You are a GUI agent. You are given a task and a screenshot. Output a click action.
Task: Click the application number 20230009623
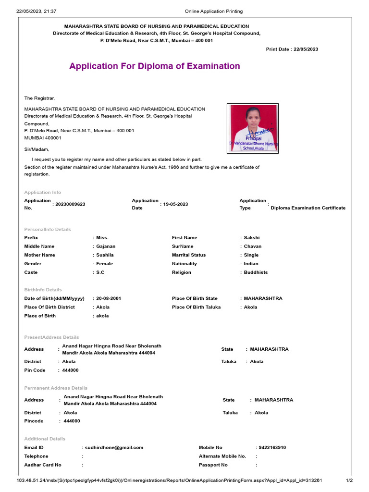click(x=70, y=204)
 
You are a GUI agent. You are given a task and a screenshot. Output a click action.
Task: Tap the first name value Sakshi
click(x=252, y=237)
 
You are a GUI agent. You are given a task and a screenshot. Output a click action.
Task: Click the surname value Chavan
click(x=253, y=246)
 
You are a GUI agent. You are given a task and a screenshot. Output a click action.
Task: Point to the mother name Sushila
click(x=105, y=255)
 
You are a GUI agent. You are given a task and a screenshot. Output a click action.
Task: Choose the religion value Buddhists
click(x=256, y=272)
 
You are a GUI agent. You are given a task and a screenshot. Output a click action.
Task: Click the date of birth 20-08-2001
click(x=109, y=298)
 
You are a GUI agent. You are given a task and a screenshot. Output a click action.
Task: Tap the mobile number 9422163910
click(x=272, y=447)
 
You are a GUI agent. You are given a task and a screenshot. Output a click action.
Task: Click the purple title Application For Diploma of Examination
click(x=154, y=66)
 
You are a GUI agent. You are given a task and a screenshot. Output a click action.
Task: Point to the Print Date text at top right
click(x=292, y=49)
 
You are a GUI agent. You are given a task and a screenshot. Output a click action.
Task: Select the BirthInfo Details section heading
click(x=43, y=290)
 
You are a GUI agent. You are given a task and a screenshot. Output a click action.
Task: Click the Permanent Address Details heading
click(x=56, y=388)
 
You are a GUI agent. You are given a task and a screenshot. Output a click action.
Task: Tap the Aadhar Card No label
click(x=43, y=465)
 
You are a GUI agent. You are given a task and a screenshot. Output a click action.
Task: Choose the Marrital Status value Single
click(x=251, y=255)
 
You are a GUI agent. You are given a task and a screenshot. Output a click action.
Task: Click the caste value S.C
click(x=100, y=272)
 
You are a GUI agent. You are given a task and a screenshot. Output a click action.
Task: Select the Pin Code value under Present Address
click(x=71, y=370)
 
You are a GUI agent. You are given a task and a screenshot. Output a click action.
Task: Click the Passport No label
click(x=213, y=465)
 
